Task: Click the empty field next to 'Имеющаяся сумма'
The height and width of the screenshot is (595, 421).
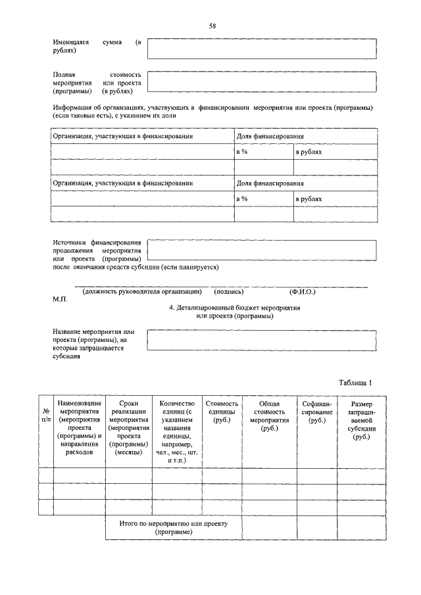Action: click(x=262, y=49)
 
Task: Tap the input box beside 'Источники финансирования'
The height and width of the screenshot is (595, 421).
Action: click(x=262, y=250)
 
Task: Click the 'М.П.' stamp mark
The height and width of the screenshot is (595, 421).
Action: click(x=60, y=299)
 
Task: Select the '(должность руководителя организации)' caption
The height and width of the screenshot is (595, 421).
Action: click(x=141, y=291)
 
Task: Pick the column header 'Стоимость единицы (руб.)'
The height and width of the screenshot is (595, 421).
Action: click(x=222, y=411)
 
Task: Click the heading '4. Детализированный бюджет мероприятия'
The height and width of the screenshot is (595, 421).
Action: click(x=234, y=308)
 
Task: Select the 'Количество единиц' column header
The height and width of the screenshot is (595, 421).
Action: click(x=177, y=431)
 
